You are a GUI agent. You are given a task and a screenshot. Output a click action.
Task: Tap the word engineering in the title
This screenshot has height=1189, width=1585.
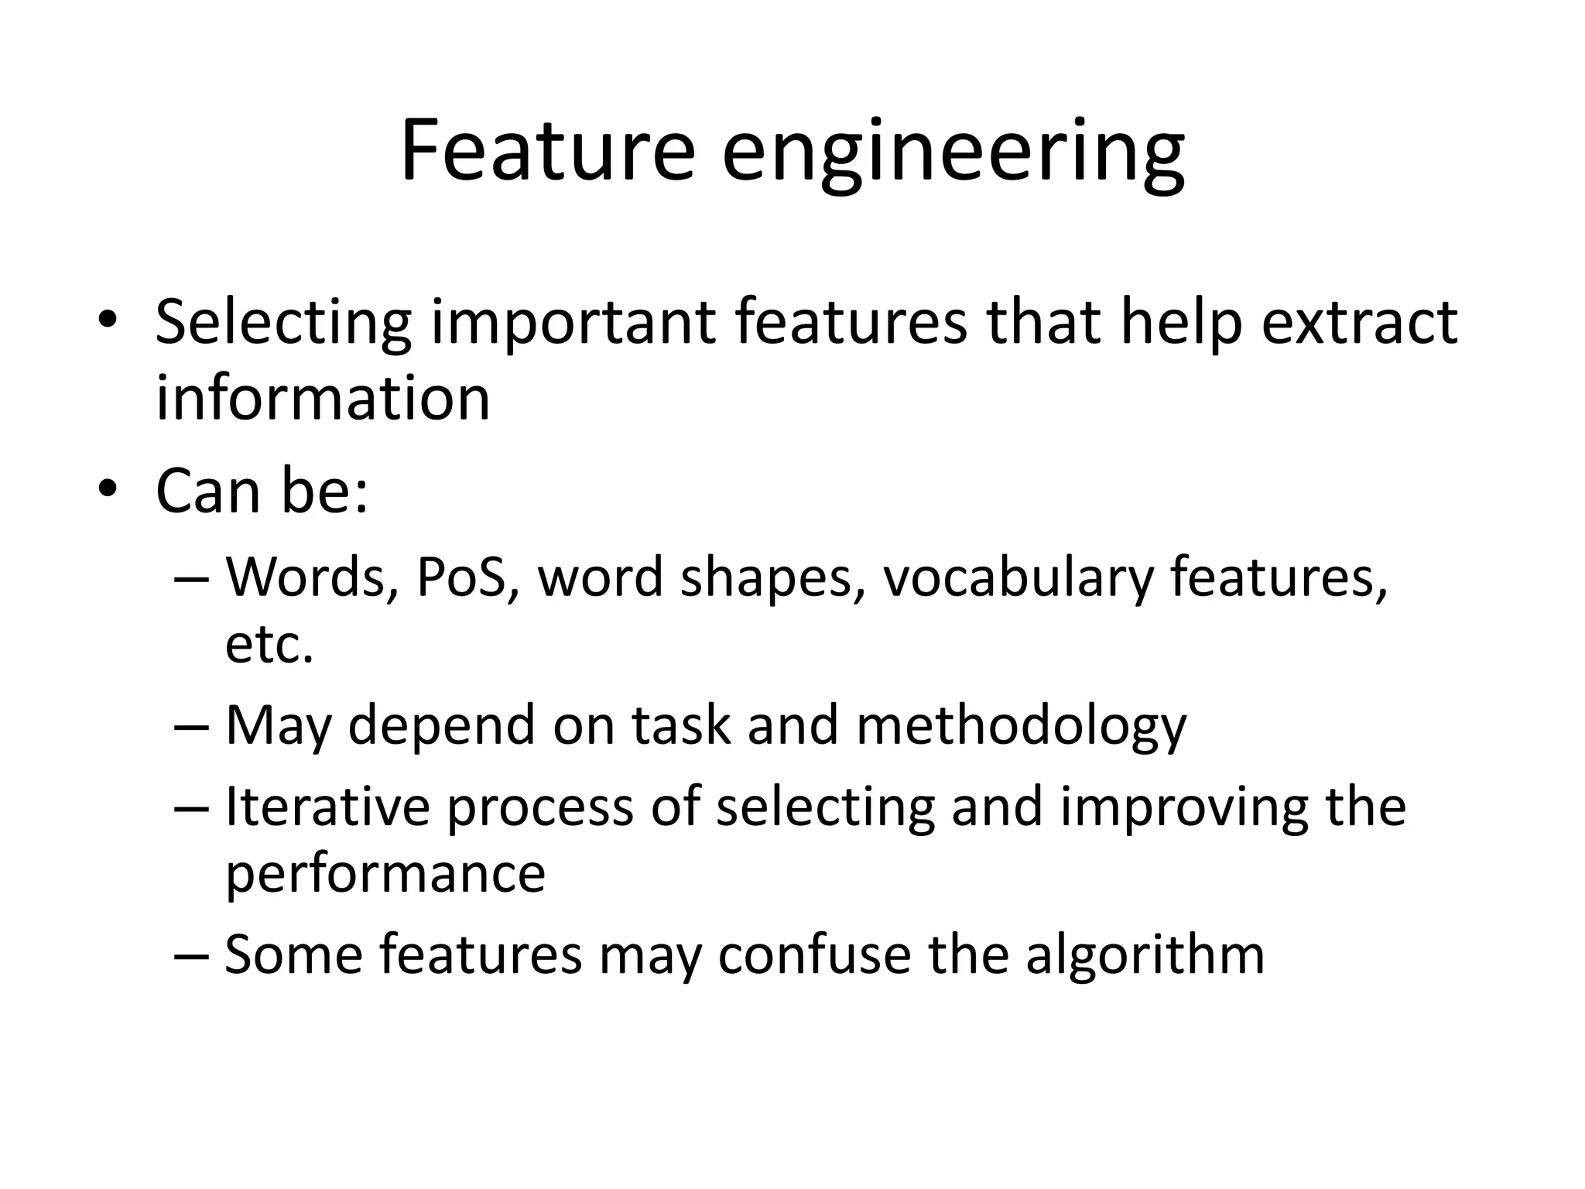point(953,155)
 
